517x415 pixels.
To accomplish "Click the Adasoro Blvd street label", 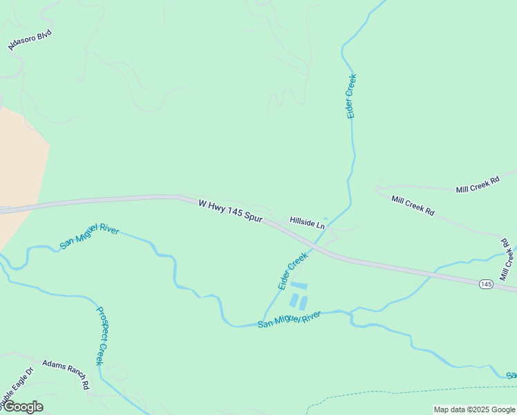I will [30, 40].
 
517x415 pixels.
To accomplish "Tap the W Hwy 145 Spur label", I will [230, 212].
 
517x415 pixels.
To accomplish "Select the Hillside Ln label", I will [307, 223].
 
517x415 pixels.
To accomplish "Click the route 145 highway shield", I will [486, 284].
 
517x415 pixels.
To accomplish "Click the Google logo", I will [22, 407].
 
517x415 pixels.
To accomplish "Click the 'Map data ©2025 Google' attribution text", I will [474, 409].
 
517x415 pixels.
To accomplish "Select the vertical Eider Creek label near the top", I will [351, 95].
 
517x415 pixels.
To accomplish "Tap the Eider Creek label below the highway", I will [292, 271].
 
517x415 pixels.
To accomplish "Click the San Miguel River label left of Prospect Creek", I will [89, 236].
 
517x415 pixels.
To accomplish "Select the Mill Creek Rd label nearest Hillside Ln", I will [413, 206].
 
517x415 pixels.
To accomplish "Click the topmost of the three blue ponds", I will [298, 285].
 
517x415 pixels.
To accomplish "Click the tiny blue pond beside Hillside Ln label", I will [326, 219].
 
